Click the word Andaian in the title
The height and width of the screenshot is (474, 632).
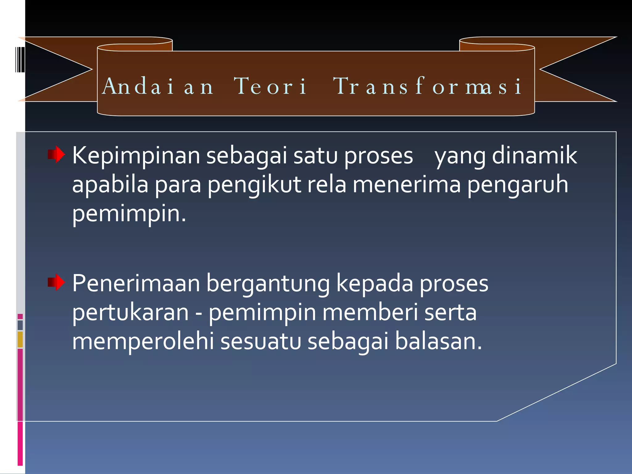(x=158, y=86)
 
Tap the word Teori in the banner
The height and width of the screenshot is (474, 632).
(x=270, y=86)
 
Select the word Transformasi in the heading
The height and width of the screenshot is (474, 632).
(x=427, y=86)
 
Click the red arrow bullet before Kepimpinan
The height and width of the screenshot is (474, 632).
(x=56, y=154)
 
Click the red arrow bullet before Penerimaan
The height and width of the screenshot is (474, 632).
(x=56, y=282)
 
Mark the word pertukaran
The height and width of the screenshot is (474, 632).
(x=130, y=313)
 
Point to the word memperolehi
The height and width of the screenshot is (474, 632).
(x=143, y=342)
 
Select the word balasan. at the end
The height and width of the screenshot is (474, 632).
(x=438, y=342)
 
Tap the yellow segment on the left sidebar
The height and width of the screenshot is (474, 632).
(x=20, y=339)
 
